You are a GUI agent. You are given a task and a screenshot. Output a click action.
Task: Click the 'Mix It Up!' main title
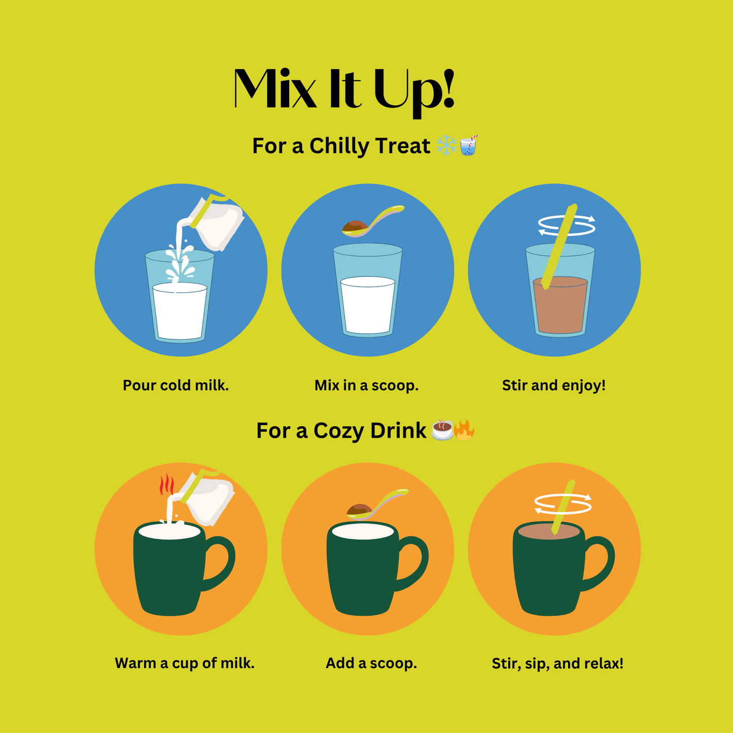pos(344,93)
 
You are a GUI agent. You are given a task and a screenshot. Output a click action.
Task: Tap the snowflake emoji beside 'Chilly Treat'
pos(446,145)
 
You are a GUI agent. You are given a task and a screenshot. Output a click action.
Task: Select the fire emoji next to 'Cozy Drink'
pos(464,430)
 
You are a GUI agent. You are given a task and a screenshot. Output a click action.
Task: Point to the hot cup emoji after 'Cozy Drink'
pos(442,430)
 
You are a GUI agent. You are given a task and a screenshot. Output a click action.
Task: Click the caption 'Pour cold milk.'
pos(176,386)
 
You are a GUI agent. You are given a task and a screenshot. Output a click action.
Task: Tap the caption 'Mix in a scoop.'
pos(366,386)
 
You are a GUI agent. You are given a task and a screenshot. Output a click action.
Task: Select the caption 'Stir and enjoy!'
pos(553,386)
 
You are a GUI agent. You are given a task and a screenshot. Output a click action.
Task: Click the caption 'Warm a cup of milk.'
pos(185,663)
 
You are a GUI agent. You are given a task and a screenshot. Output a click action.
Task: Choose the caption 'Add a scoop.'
pos(371,663)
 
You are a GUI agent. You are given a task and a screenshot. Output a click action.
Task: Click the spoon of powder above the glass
pos(373,221)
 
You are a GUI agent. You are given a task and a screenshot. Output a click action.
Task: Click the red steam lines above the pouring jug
pos(166,484)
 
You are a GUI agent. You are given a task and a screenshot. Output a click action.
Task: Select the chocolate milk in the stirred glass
pos(561,305)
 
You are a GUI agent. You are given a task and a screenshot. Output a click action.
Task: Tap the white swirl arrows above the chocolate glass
pos(567,226)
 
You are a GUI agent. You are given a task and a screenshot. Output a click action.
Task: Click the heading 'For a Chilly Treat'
pos(341,146)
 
